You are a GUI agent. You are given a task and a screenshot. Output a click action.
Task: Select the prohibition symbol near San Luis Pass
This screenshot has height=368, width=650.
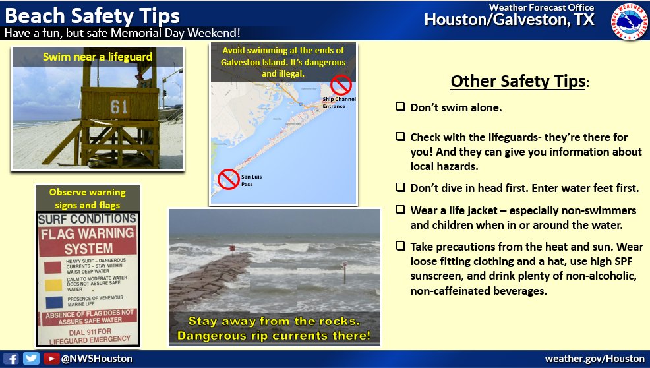click(x=228, y=178)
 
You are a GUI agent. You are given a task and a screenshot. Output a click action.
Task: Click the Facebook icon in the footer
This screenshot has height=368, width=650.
click(x=14, y=359)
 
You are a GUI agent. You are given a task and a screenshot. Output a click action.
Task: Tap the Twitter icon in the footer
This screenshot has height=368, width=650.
click(x=31, y=359)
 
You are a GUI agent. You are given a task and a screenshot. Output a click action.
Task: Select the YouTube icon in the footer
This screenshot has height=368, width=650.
click(x=50, y=359)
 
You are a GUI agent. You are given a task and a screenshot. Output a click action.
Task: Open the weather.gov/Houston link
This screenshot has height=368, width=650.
click(x=594, y=359)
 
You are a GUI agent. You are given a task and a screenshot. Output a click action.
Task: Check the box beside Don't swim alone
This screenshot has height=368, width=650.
click(x=400, y=107)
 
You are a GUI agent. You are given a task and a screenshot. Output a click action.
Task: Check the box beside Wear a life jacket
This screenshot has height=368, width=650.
click(x=400, y=210)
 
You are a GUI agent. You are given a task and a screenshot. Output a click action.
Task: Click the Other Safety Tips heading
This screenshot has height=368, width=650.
click(x=518, y=81)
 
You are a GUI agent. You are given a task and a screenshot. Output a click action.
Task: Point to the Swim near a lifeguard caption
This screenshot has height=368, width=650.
click(x=98, y=57)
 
